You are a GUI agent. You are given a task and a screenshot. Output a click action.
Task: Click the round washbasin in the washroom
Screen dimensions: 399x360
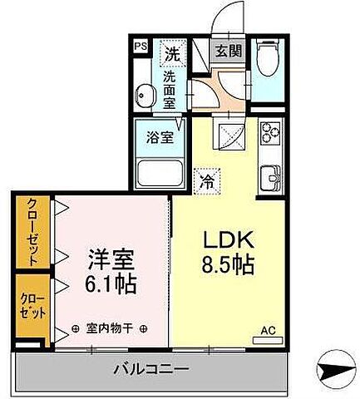click(x=146, y=96)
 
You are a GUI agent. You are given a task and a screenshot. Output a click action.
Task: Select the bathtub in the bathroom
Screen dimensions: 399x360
click(x=163, y=174)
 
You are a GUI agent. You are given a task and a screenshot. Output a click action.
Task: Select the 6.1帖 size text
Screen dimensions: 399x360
click(x=109, y=283)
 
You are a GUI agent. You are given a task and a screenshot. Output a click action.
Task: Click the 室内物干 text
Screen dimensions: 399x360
click(x=108, y=329)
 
